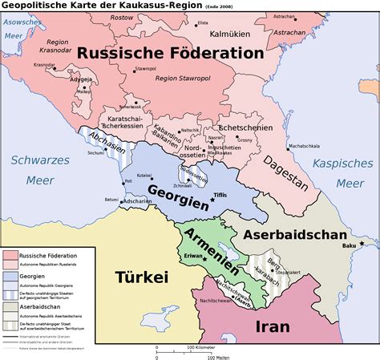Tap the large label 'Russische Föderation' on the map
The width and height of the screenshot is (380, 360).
(170, 53)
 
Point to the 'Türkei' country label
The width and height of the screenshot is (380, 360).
(142, 277)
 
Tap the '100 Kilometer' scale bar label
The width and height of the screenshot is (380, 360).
(203, 347)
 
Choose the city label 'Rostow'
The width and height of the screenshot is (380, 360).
(122, 17)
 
